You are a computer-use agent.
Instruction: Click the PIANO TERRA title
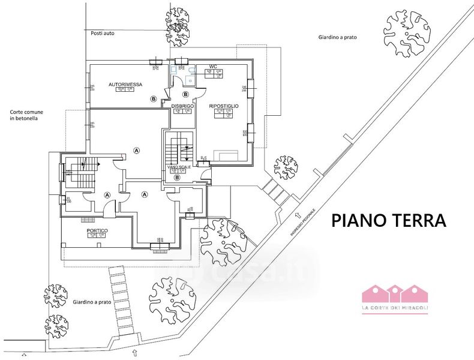389,220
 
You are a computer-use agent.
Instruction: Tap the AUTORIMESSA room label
125,85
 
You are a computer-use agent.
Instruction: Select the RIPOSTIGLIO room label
224,106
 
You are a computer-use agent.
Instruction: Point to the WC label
212,67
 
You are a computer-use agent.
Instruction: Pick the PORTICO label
97,230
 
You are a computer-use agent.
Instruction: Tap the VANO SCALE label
178,166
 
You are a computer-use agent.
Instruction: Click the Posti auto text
102,34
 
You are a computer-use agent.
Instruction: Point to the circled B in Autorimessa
154,98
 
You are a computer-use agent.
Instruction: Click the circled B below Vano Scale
177,177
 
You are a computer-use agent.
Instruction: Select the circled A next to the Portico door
107,195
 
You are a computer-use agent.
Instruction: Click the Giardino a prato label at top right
338,37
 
